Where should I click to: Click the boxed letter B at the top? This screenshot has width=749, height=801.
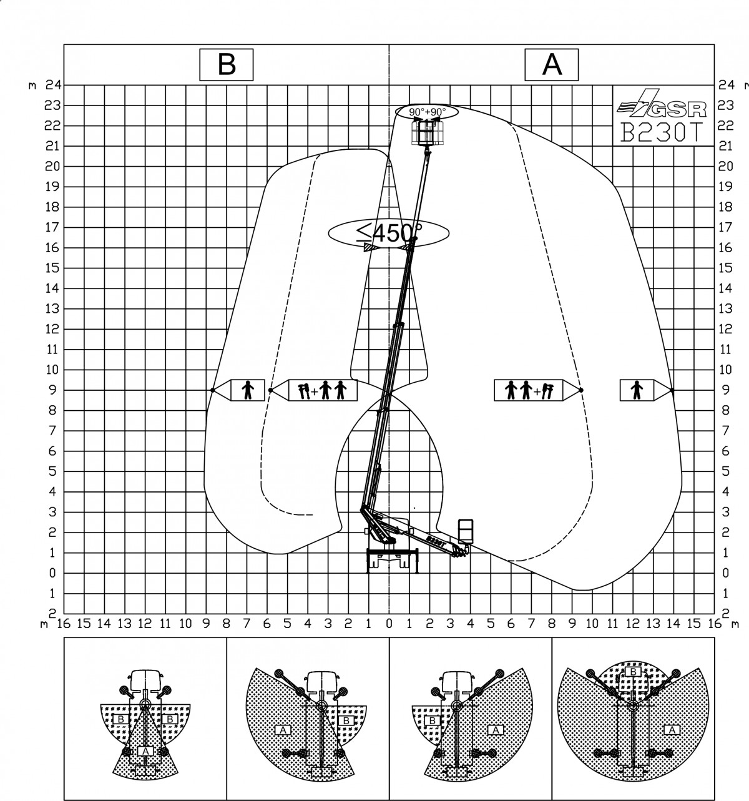click(227, 64)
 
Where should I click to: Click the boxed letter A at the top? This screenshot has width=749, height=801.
click(551, 64)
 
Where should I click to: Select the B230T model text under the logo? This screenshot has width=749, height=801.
click(662, 132)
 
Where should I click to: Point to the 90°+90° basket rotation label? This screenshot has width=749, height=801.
click(427, 112)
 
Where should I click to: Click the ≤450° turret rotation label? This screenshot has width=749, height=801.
click(389, 233)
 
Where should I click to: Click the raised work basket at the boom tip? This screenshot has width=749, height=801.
click(427, 133)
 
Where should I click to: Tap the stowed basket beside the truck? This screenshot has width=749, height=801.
click(466, 531)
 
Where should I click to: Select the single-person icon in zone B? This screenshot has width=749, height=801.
click(248, 390)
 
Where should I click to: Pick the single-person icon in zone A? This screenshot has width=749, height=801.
click(637, 390)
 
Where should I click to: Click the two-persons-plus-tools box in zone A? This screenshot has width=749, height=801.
click(529, 390)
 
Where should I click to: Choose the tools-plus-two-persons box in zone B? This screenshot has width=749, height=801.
click(323, 390)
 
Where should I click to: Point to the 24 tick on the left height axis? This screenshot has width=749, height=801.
click(53, 85)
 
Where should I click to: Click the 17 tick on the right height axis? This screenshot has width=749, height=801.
click(725, 227)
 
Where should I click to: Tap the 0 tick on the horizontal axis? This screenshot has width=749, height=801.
click(389, 624)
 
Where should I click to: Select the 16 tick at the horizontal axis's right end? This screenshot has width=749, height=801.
click(714, 624)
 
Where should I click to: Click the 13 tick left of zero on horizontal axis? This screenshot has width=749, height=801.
click(125, 624)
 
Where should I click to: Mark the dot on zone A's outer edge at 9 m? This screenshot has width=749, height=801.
click(672, 390)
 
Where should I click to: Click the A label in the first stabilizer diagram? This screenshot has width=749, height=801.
click(145, 750)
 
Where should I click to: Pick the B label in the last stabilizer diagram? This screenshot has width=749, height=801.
click(634, 672)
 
